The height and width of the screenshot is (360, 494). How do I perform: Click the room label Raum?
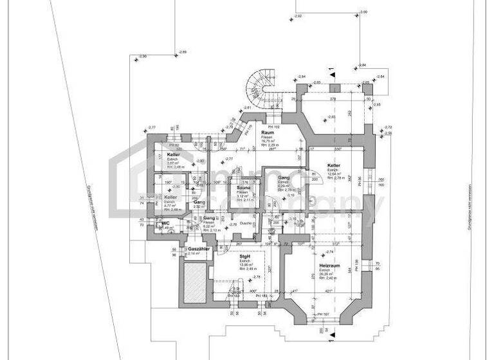point(268,132)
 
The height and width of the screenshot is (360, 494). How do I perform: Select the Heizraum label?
point(329,265)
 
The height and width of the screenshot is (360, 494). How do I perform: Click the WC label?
point(165,223)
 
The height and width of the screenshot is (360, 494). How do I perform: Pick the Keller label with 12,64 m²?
point(333,165)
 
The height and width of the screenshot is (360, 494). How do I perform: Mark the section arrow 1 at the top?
point(331,71)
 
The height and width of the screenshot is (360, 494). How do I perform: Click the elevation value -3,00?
point(363,12)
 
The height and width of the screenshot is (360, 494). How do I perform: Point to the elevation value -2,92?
point(297,15)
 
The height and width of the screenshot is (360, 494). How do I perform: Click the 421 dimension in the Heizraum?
point(329,291)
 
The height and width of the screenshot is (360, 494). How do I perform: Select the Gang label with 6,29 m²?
point(284,177)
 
